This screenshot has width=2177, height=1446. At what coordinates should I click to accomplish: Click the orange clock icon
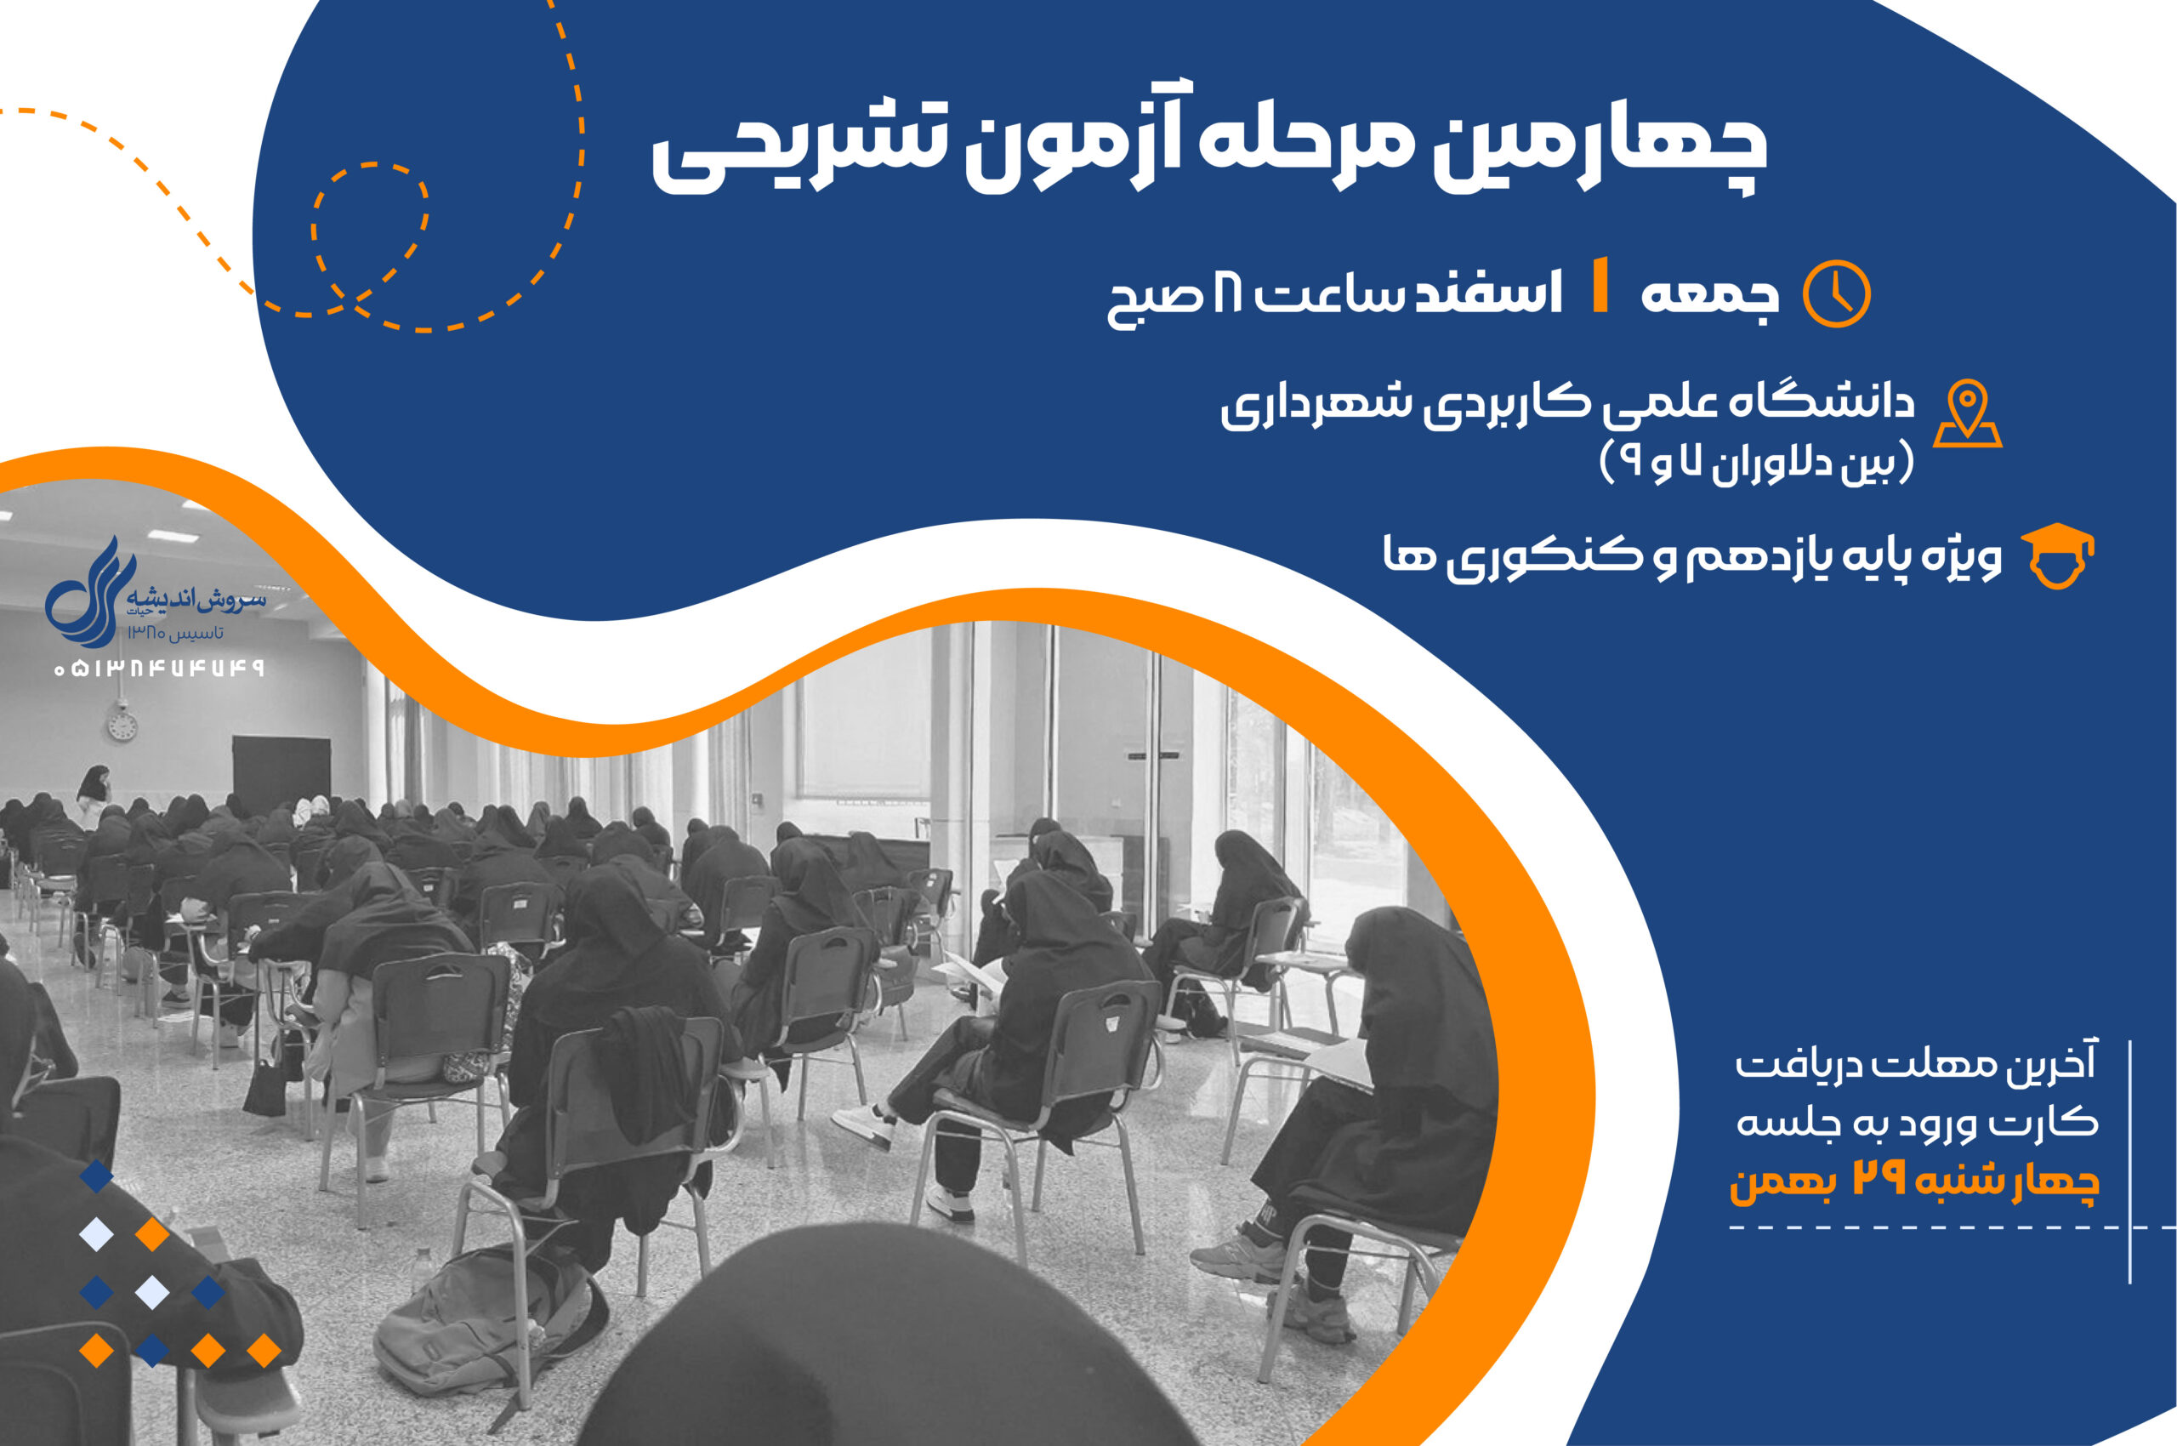1836,293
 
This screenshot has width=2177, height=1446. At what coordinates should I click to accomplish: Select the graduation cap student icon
2057,557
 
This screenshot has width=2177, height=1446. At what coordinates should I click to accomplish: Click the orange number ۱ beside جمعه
1601,286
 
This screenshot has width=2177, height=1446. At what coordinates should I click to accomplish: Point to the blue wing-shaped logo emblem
90,593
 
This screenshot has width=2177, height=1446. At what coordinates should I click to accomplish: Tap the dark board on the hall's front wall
281,776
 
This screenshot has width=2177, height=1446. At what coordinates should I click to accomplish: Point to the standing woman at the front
94,796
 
